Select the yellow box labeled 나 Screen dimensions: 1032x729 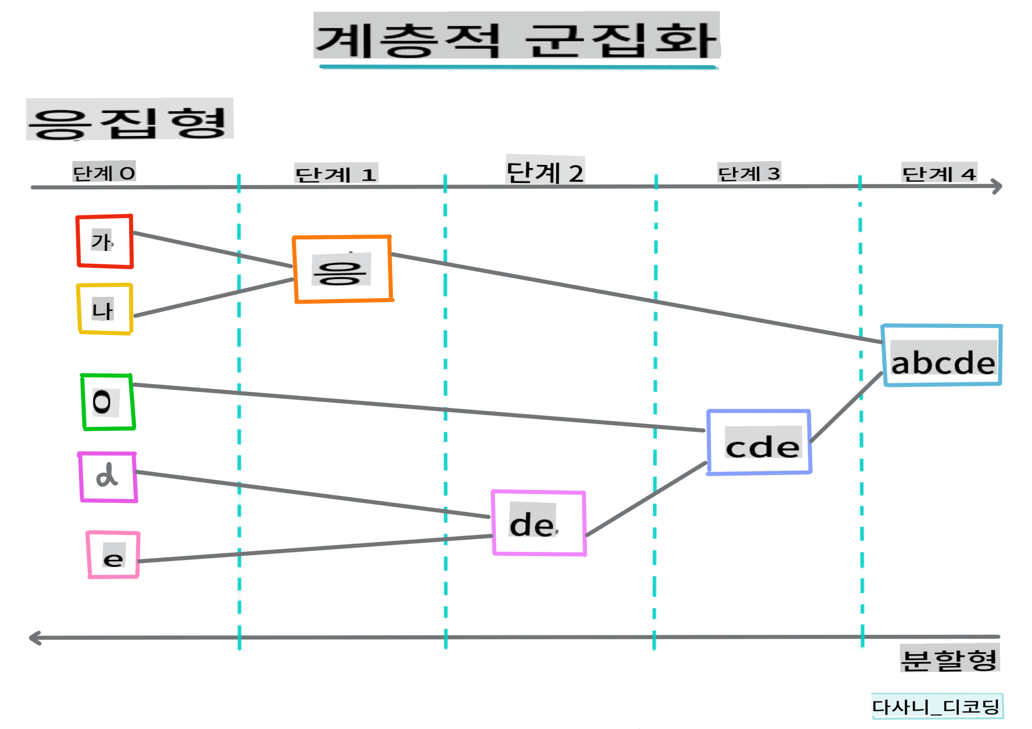pyautogui.click(x=105, y=309)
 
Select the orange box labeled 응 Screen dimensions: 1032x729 pyautogui.click(x=343, y=269)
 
